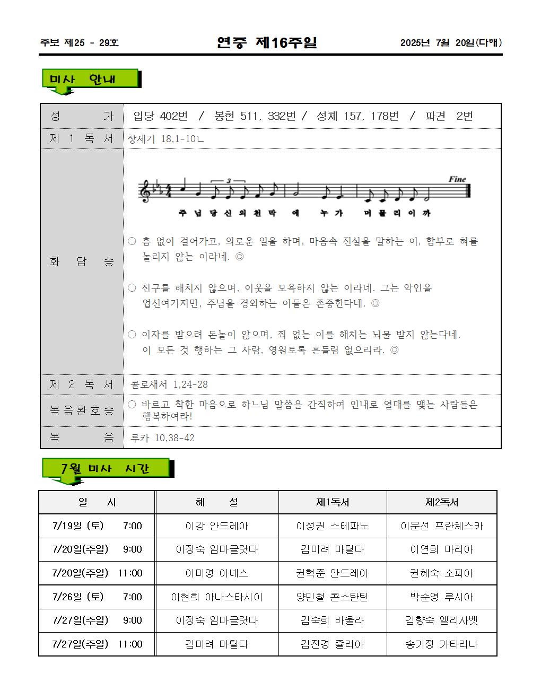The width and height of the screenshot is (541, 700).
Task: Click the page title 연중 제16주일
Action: coord(267,42)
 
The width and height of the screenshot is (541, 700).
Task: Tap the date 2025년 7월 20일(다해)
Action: coord(451,43)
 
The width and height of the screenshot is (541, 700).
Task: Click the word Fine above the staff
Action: coord(457,179)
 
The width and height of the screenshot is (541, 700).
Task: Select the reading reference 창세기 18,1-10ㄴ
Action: coord(165,139)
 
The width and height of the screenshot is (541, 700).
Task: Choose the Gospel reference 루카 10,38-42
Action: coord(162,438)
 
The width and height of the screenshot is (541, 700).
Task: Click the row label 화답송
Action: coord(82,261)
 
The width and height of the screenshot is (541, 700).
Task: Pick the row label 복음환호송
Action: coord(82,410)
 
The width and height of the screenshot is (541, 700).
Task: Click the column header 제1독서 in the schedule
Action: coord(333,502)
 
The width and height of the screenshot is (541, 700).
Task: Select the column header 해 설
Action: coord(216,502)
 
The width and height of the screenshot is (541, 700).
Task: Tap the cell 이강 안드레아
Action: coord(216,526)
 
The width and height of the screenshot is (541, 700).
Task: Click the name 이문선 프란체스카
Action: coord(441,526)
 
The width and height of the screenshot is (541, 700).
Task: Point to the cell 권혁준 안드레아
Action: coord(333,573)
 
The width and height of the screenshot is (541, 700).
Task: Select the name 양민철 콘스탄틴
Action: coord(333,597)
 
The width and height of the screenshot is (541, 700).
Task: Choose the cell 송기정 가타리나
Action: coord(441,644)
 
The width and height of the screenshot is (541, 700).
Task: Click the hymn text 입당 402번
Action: coord(160,116)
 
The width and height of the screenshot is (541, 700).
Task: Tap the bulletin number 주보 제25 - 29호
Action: coord(80,43)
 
